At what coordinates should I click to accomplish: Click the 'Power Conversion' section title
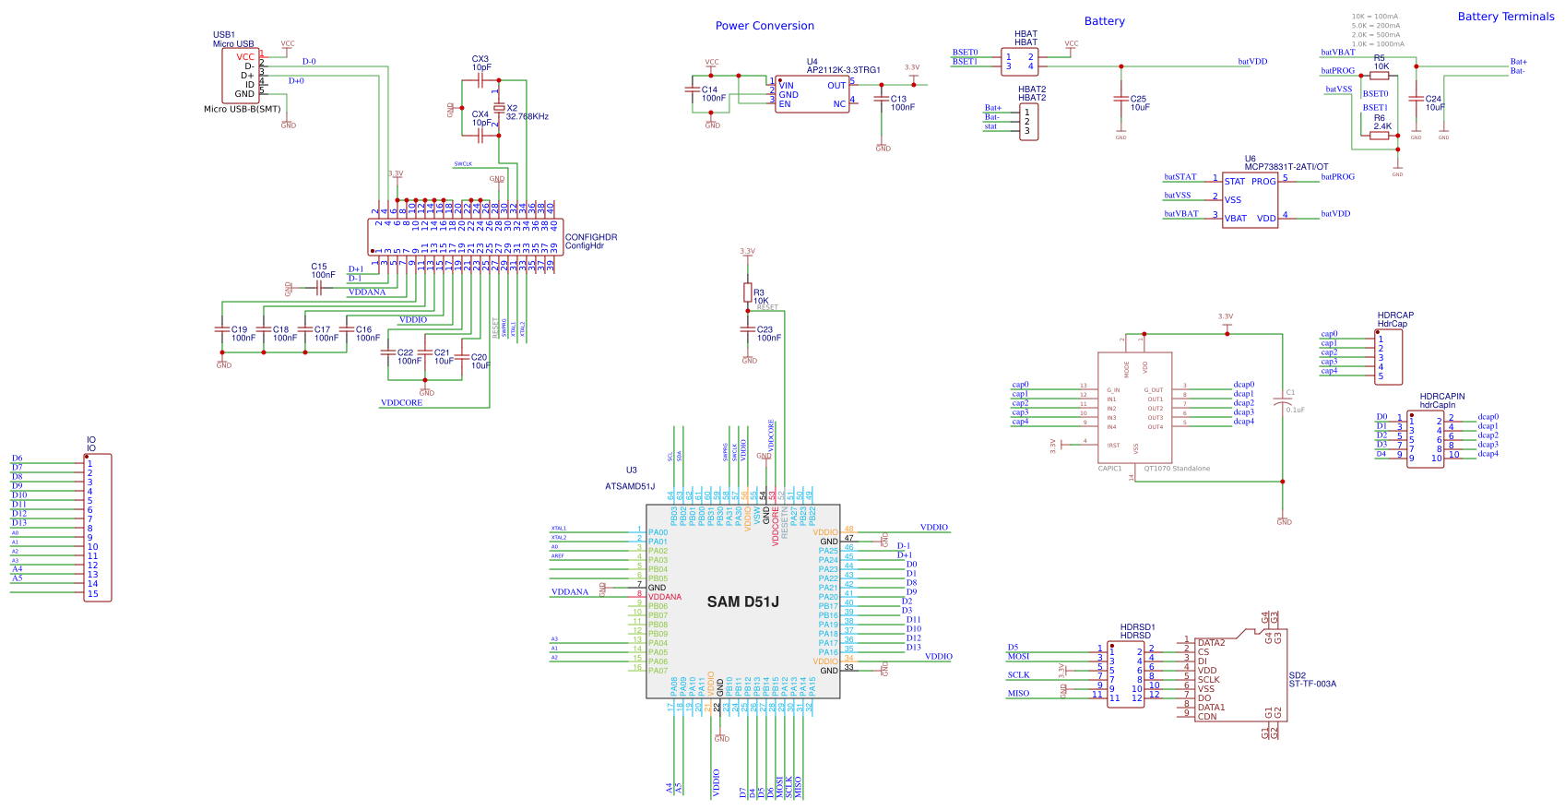coord(765,26)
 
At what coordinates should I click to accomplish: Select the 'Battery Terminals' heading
coord(1505,17)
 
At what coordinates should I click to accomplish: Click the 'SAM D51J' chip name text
coord(742,602)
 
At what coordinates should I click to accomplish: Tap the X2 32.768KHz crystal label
coord(527,113)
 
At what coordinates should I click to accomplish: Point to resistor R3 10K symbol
coord(748,292)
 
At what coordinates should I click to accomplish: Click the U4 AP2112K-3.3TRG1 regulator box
coord(812,94)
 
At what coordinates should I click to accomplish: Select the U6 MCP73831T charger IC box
coord(1250,200)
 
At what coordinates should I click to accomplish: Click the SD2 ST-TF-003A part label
coord(1311,680)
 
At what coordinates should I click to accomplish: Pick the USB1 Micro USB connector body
coord(240,76)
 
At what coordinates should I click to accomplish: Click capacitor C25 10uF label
coord(1139,103)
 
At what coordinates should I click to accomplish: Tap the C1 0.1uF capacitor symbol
coord(1282,401)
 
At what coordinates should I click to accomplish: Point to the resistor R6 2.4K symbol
coord(1379,135)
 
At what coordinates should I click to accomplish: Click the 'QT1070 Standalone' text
coord(1177,469)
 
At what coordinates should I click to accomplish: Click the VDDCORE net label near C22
coord(401,403)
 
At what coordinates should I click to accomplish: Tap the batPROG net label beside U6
coord(1337,177)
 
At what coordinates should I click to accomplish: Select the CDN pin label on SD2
coord(1207,717)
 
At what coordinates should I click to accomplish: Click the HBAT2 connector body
coord(1028,122)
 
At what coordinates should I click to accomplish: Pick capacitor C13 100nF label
coord(901,103)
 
